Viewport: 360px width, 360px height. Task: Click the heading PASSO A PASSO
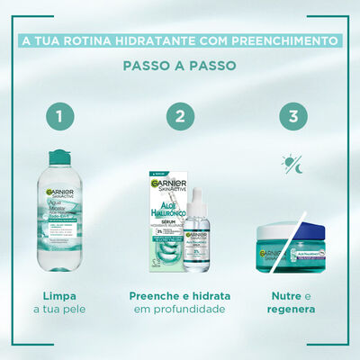(180, 67)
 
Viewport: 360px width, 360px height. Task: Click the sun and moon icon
(292, 165)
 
